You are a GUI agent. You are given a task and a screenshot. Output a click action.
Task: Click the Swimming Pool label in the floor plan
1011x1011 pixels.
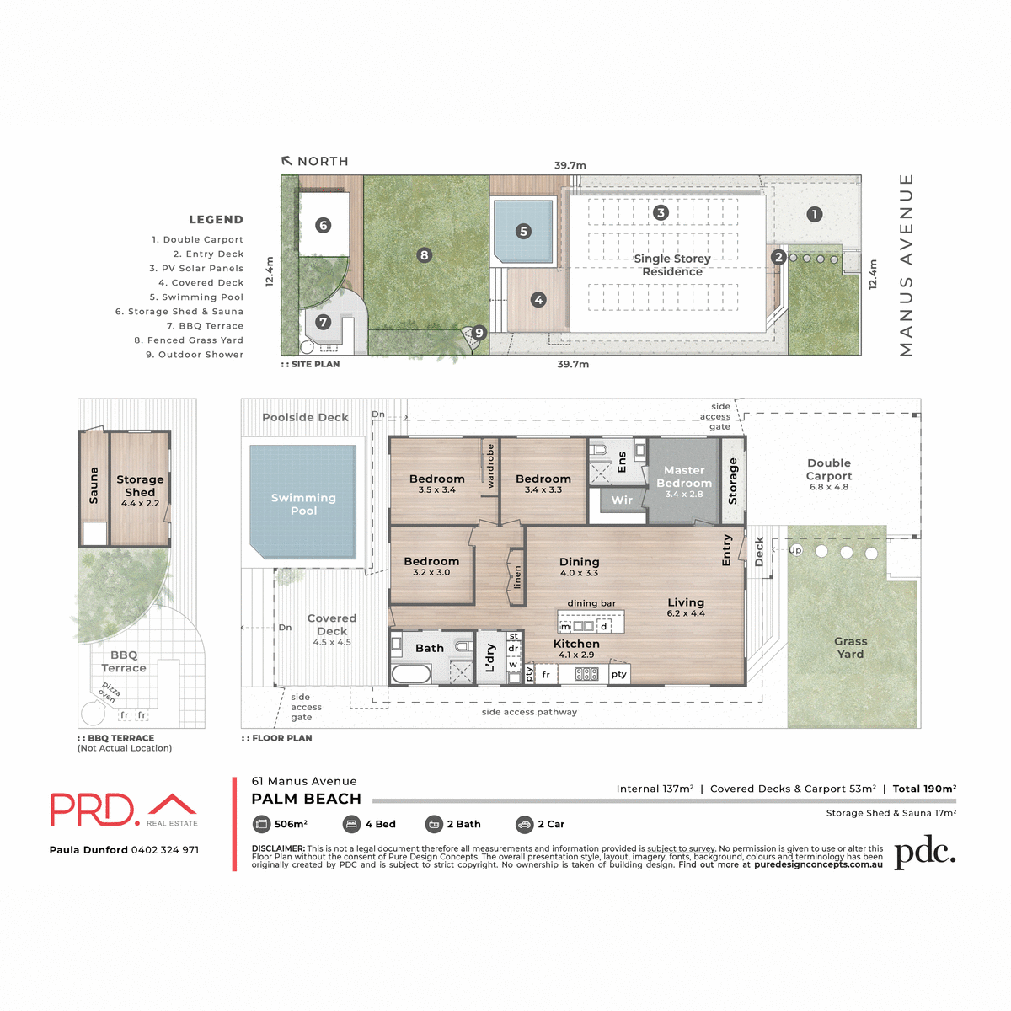(x=303, y=504)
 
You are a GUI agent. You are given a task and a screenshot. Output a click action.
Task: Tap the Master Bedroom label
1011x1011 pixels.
(x=683, y=477)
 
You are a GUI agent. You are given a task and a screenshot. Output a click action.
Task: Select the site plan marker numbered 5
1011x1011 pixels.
(x=523, y=231)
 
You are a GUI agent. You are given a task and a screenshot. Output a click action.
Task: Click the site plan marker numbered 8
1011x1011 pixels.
(x=425, y=254)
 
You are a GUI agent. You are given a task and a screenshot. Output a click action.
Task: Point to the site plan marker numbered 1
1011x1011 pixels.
(x=814, y=214)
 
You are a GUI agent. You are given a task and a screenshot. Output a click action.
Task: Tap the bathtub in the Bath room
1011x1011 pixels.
(x=411, y=674)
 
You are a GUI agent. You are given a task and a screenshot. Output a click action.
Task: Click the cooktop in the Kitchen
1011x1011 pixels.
(x=586, y=674)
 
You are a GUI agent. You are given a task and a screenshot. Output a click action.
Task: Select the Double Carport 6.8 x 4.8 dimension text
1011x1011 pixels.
(x=829, y=487)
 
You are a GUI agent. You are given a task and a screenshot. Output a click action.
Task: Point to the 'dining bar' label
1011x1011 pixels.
(x=591, y=603)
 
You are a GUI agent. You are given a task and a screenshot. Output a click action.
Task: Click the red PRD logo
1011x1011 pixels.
(x=93, y=810)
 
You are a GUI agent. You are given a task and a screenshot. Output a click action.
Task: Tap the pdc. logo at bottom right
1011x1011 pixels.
(x=924, y=853)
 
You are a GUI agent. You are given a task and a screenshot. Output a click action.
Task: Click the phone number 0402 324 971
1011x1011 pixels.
(x=165, y=850)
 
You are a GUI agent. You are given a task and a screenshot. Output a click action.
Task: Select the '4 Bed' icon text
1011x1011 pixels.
(x=380, y=824)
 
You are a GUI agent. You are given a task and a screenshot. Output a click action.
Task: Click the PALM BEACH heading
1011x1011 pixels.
(x=307, y=799)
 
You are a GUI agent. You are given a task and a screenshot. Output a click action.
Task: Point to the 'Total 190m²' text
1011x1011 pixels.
(x=924, y=789)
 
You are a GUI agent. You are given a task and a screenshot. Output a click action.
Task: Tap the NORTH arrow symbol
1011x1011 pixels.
(x=287, y=161)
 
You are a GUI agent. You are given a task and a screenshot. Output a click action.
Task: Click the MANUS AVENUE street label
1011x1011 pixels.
(x=906, y=265)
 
